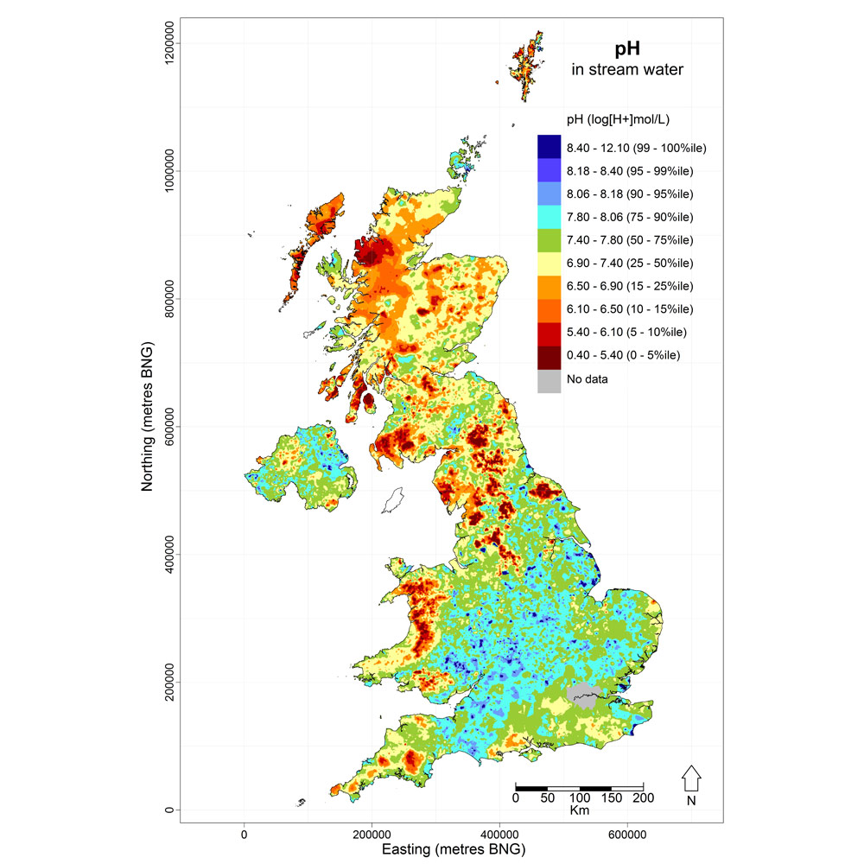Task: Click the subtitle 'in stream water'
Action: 627,69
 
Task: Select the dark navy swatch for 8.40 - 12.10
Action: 549,146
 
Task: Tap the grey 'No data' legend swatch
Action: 549,379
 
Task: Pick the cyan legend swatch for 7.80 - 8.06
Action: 549,216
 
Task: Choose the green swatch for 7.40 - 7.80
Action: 549,239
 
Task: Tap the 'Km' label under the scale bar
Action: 579,811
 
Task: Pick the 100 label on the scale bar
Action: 579,799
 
